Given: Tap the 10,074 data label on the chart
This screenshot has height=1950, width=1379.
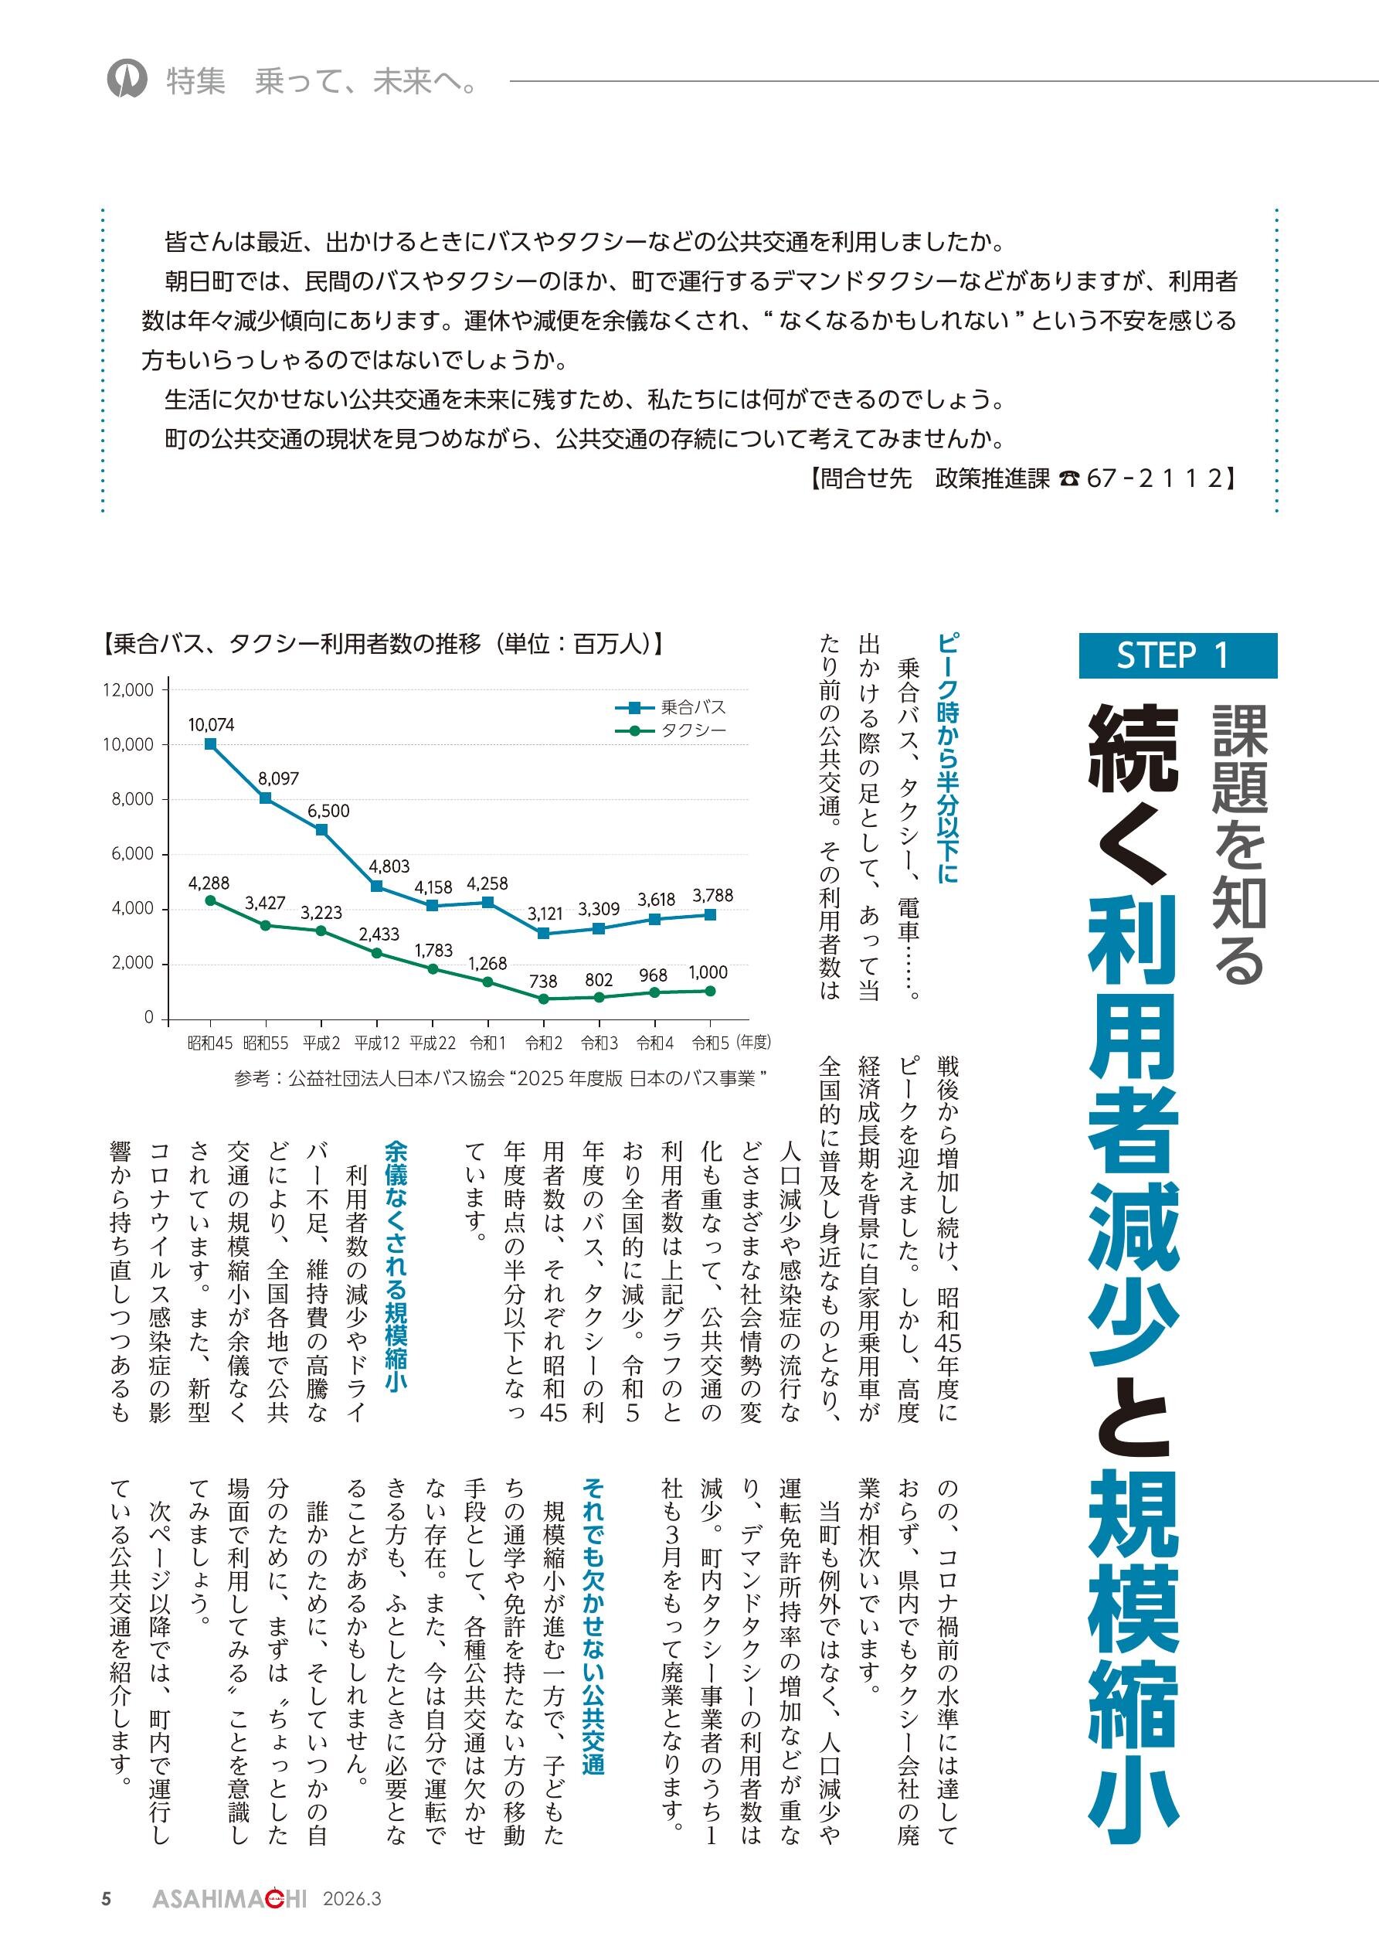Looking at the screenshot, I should pyautogui.click(x=211, y=724).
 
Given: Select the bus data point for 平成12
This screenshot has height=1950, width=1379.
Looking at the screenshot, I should pyautogui.click(x=376, y=886).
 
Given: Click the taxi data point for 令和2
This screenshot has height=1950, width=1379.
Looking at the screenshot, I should pyautogui.click(x=543, y=999).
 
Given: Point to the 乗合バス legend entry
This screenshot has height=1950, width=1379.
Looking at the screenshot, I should pyautogui.click(x=671, y=706).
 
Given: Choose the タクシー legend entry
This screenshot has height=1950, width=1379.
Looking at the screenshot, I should pyautogui.click(x=671, y=730).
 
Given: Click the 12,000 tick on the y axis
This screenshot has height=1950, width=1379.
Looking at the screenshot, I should pyautogui.click(x=128, y=689).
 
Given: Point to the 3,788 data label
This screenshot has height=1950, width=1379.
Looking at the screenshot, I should pyautogui.click(x=712, y=895).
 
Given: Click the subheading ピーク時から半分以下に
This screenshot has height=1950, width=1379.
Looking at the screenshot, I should pyautogui.click(x=948, y=757).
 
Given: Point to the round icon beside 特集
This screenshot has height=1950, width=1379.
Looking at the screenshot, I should pyautogui.click(x=127, y=80).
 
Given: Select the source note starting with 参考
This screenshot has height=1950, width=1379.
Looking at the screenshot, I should pyautogui.click(x=501, y=1079).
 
